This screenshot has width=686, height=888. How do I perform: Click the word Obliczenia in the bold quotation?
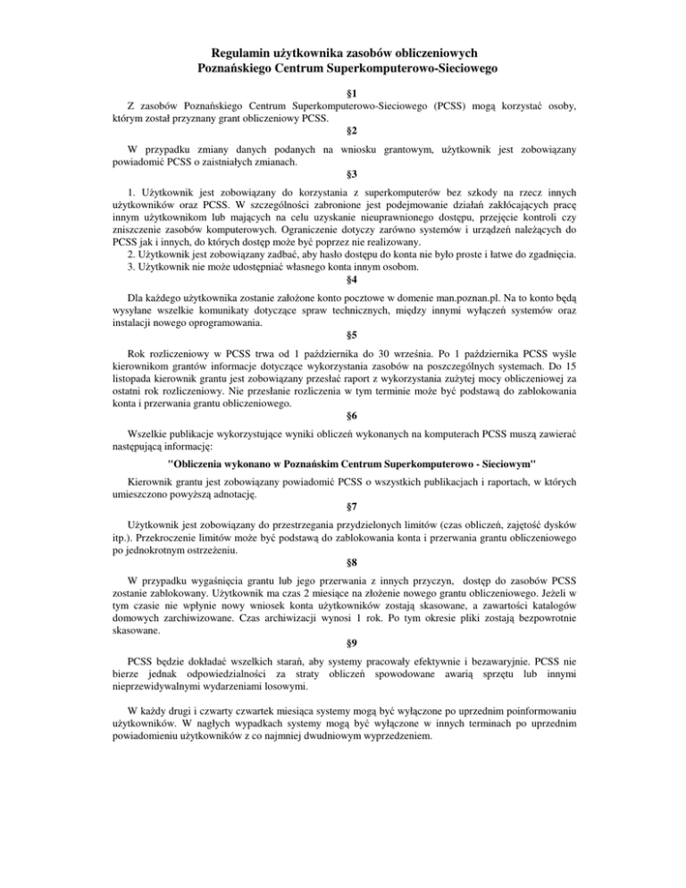click(206, 464)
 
